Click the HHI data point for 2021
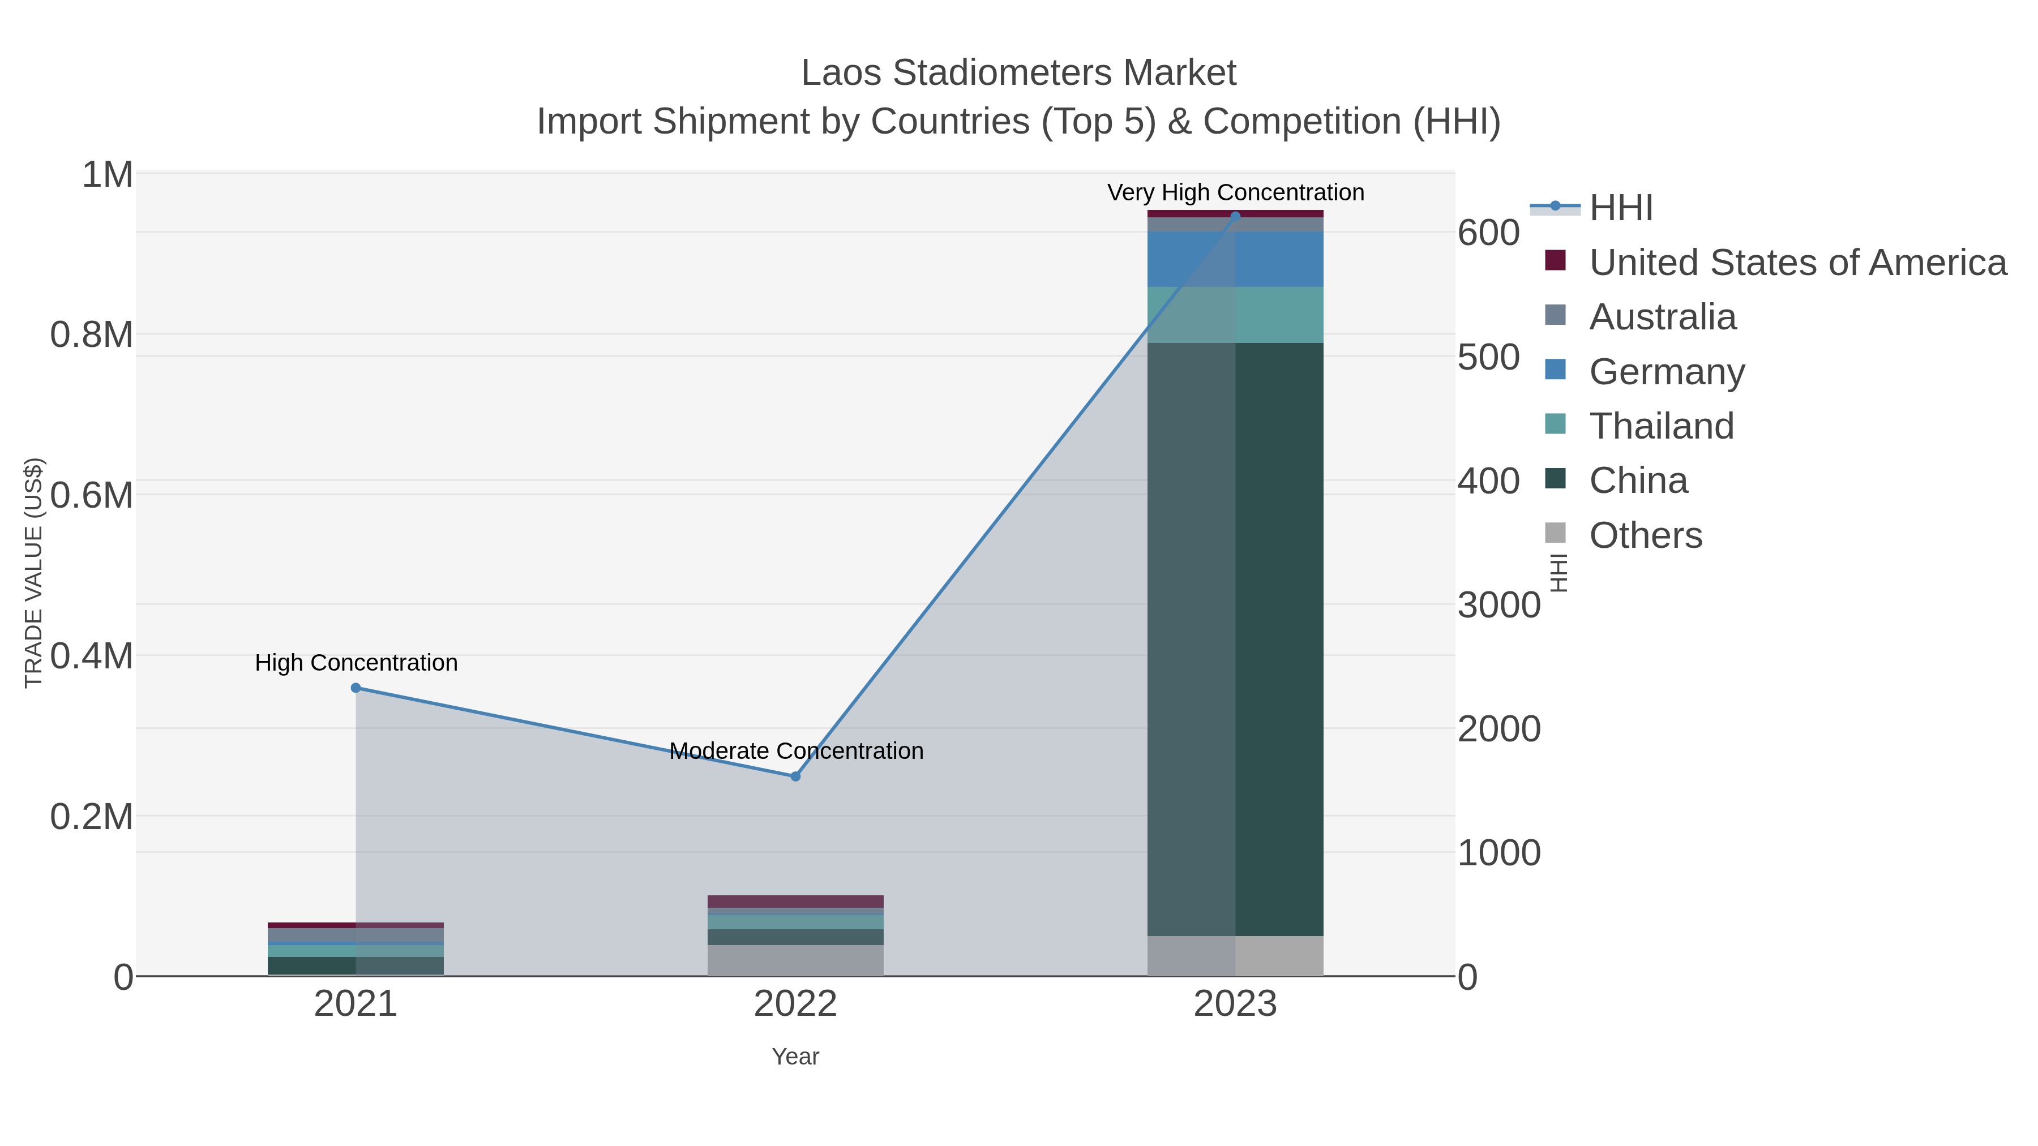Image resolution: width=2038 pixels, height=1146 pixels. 356,688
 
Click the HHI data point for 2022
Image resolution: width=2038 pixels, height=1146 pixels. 796,776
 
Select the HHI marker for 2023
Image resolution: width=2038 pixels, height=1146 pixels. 1235,216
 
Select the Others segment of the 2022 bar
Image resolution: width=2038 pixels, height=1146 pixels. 796,961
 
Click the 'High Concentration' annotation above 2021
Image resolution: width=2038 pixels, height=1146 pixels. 356,663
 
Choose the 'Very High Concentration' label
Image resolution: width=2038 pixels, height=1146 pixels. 1235,193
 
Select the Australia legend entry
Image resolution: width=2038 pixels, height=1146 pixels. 1662,317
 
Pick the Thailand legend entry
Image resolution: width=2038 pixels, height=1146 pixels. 1662,426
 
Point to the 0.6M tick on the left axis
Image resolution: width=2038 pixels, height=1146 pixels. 92,496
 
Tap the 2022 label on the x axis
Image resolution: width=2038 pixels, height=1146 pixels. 796,1005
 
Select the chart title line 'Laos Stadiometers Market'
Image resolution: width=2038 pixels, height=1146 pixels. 1018,74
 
